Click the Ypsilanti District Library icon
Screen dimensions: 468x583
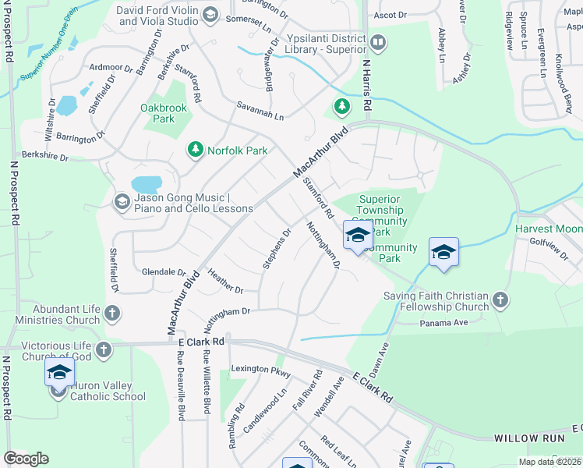point(378,42)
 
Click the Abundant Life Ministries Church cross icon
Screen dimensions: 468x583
point(111,314)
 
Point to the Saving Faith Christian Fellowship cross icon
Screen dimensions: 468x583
point(500,300)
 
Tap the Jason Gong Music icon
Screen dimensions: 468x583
point(122,203)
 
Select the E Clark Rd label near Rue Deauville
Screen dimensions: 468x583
point(201,342)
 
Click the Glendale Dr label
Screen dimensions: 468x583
point(164,272)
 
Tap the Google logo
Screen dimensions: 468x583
point(26,459)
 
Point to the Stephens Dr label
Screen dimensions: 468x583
point(277,249)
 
